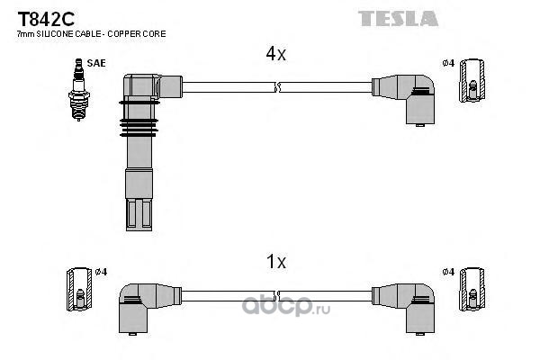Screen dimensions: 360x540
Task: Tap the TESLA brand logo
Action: pyautogui.click(x=398, y=18)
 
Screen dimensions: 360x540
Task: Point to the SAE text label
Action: pyautogui.click(x=95, y=64)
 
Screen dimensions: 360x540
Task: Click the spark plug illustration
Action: pyautogui.click(x=77, y=90)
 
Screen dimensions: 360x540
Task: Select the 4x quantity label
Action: pyautogui.click(x=275, y=54)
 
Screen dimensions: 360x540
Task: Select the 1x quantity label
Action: pyautogui.click(x=275, y=263)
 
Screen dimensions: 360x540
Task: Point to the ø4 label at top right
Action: pyautogui.click(x=447, y=63)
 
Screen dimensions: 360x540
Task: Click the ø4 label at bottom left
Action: pyautogui.click(x=101, y=272)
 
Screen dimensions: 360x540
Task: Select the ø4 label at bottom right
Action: pyautogui.click(x=447, y=272)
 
